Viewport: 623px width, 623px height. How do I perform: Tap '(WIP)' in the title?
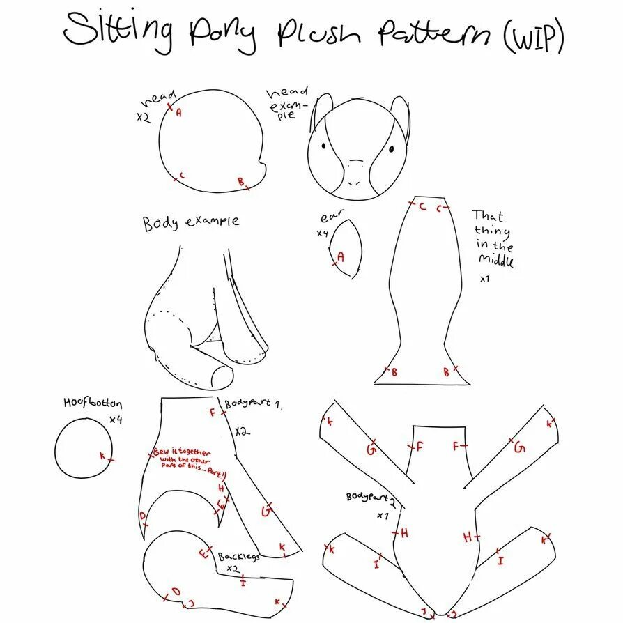tap(532, 38)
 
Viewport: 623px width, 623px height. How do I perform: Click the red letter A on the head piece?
tap(178, 111)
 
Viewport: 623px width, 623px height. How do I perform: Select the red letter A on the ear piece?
tap(341, 256)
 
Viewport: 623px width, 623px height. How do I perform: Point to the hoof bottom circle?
tap(82, 448)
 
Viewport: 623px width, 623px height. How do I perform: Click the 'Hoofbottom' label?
tap(93, 403)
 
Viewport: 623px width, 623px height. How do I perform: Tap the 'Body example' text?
tap(191, 222)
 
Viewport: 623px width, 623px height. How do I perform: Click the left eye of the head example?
tap(325, 146)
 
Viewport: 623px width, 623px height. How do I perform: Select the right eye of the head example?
tap(391, 148)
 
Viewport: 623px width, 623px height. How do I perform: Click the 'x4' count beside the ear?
tap(322, 233)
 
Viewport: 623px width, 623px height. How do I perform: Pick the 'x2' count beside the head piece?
tap(144, 118)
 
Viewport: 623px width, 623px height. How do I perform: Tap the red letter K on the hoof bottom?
tap(102, 456)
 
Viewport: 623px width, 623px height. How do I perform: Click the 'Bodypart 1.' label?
tap(252, 404)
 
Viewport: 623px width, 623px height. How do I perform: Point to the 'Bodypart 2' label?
tap(371, 499)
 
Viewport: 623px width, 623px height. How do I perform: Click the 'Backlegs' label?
tap(238, 557)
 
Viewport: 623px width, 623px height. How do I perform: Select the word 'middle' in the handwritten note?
tap(495, 261)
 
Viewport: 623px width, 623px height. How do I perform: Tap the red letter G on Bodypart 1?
tap(265, 511)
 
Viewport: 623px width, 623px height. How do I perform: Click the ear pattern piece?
tap(346, 247)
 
